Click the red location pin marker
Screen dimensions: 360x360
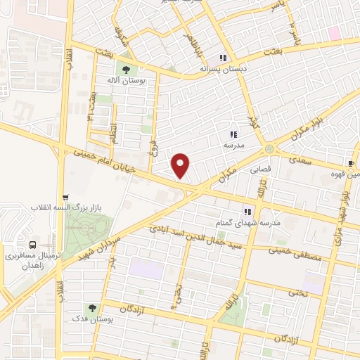181,166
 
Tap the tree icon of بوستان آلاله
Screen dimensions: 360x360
127,70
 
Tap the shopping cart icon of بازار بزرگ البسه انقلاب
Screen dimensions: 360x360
65,198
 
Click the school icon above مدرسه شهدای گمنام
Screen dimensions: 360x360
247,210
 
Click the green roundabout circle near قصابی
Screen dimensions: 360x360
269,149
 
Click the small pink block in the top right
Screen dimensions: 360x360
333,32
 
